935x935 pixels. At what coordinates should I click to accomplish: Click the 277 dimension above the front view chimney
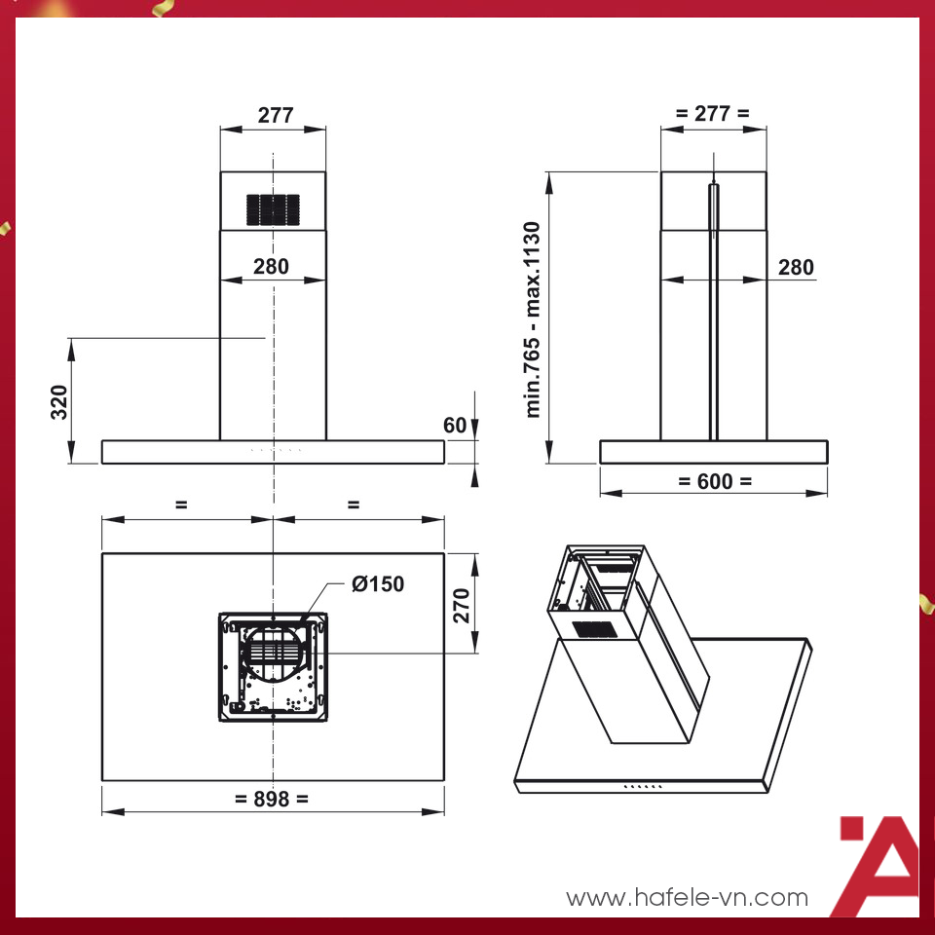[x=275, y=115]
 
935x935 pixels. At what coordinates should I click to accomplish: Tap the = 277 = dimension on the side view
[x=713, y=113]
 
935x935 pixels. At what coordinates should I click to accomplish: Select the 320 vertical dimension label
[x=58, y=400]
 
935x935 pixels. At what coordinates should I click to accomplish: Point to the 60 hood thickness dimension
[x=455, y=426]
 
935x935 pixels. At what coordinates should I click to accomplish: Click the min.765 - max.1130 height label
[x=533, y=319]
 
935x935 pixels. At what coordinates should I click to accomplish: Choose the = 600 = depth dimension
[x=714, y=481]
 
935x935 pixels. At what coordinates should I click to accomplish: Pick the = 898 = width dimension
[x=272, y=799]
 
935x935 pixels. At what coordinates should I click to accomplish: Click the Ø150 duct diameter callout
[x=377, y=584]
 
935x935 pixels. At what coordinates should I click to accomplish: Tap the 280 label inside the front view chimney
[x=271, y=266]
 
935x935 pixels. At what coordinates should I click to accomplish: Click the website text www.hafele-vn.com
[x=687, y=897]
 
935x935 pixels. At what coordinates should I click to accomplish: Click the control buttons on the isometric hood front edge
[x=643, y=786]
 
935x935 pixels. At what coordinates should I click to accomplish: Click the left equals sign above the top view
[x=181, y=505]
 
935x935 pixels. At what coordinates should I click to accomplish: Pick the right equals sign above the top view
[x=354, y=505]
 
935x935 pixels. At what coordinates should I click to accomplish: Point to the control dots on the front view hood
[x=277, y=450]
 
